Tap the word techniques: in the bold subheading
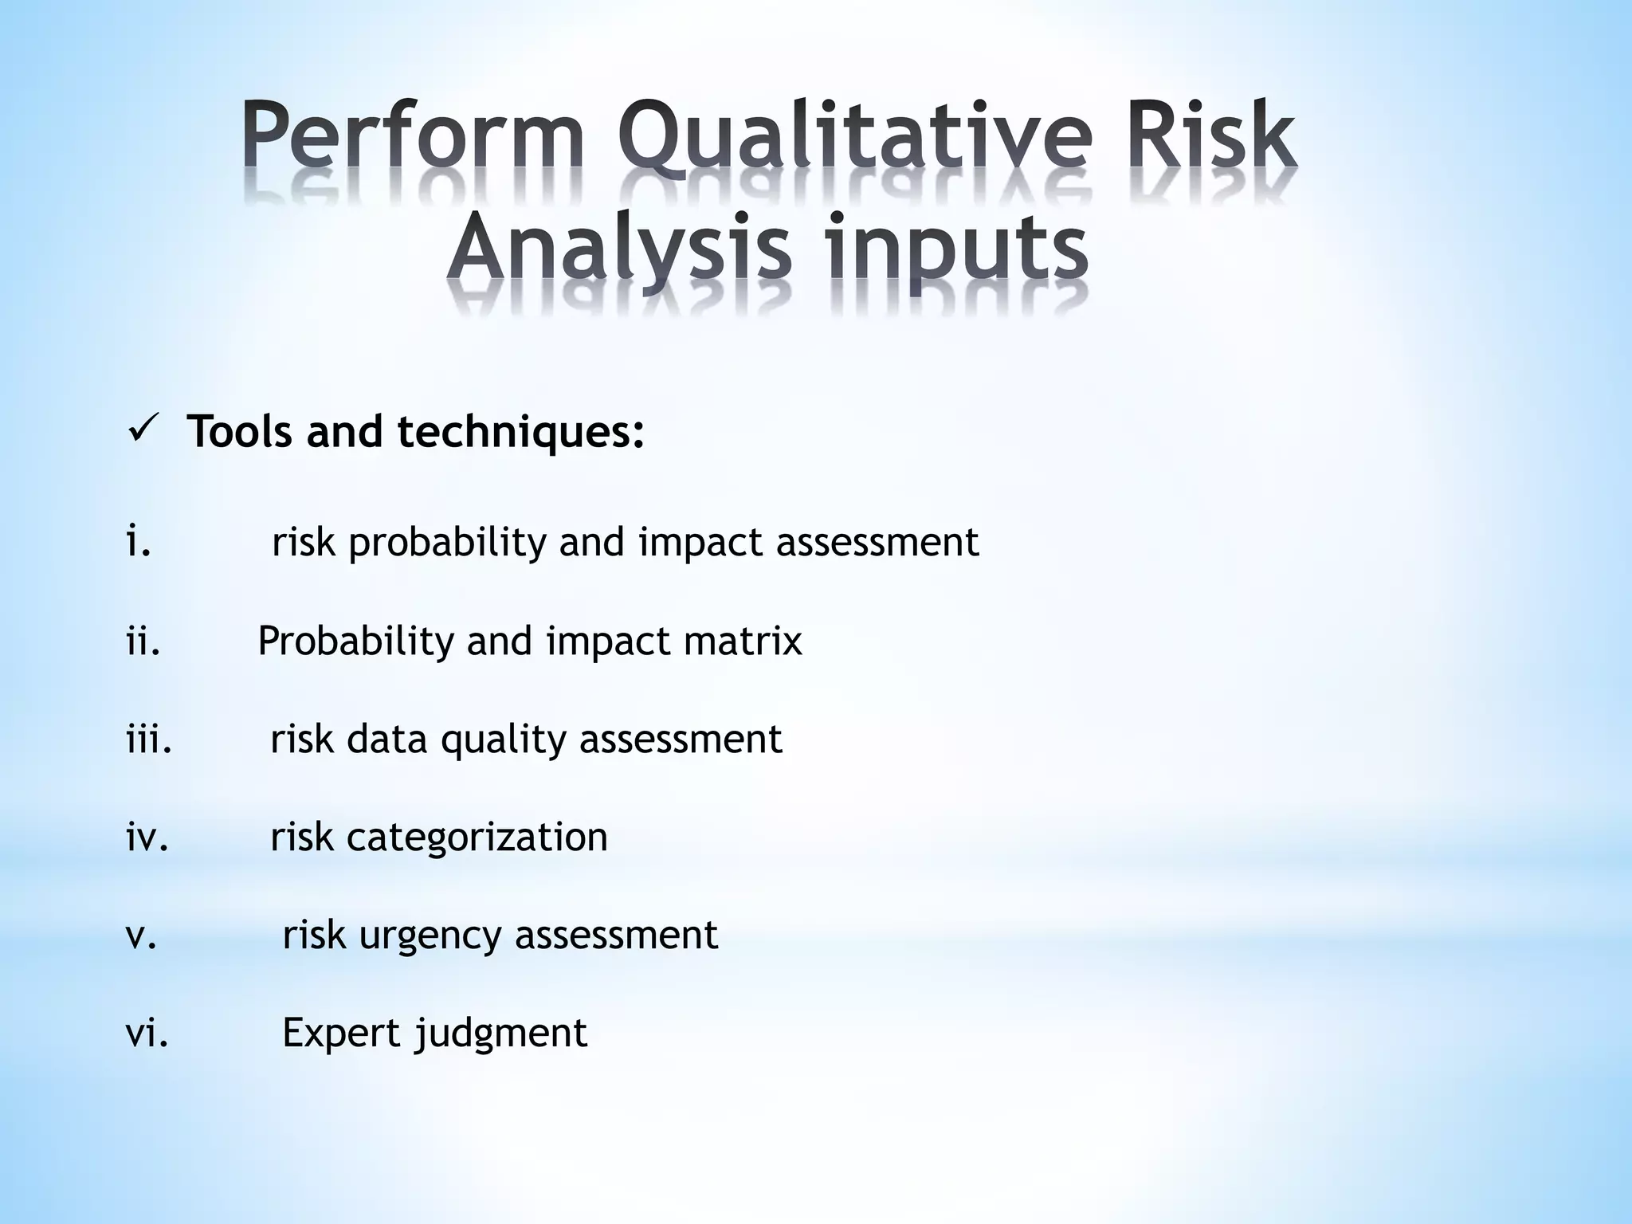point(521,433)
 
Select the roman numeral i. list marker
point(139,542)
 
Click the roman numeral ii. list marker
point(143,641)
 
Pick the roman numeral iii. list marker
point(149,739)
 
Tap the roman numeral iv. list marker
point(147,837)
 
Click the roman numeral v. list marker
point(141,936)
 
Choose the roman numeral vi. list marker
point(147,1033)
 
